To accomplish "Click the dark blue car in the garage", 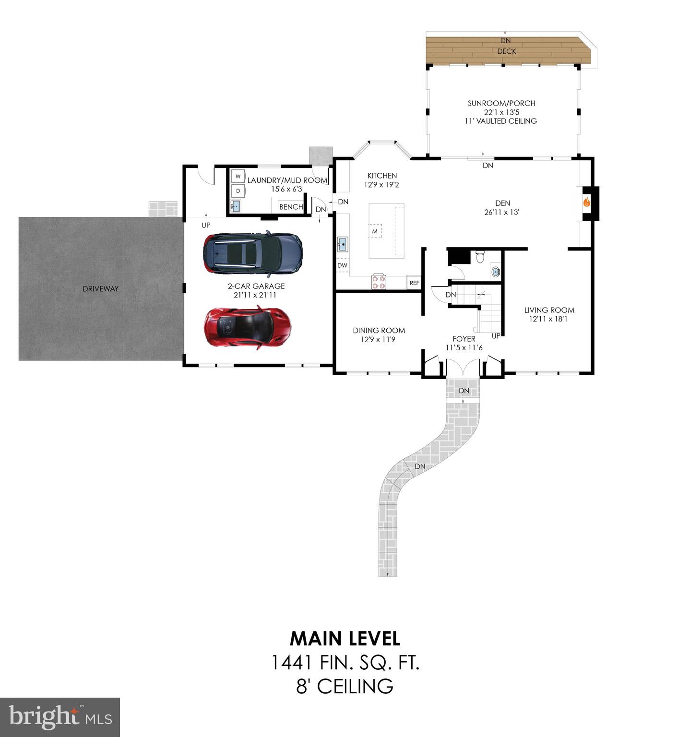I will tap(253, 253).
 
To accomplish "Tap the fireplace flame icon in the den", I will tap(587, 202).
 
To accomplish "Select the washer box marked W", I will tap(238, 177).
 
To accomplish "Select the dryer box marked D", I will tap(238, 191).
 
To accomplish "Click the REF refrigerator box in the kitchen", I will tap(414, 283).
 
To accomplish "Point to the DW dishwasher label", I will tap(342, 265).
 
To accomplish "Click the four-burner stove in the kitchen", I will tap(379, 282).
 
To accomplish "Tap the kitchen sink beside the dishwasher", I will tap(342, 244).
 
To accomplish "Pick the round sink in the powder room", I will tap(496, 272).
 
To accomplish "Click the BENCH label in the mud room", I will tap(291, 207).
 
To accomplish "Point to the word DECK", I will tap(507, 51).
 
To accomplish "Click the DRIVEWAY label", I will tap(100, 288).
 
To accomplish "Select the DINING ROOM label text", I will tap(379, 330).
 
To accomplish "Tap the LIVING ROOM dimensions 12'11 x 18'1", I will tap(549, 319).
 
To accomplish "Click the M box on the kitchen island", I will tap(375, 231).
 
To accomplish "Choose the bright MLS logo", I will tap(60, 717).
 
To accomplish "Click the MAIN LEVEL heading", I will tap(345, 638).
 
